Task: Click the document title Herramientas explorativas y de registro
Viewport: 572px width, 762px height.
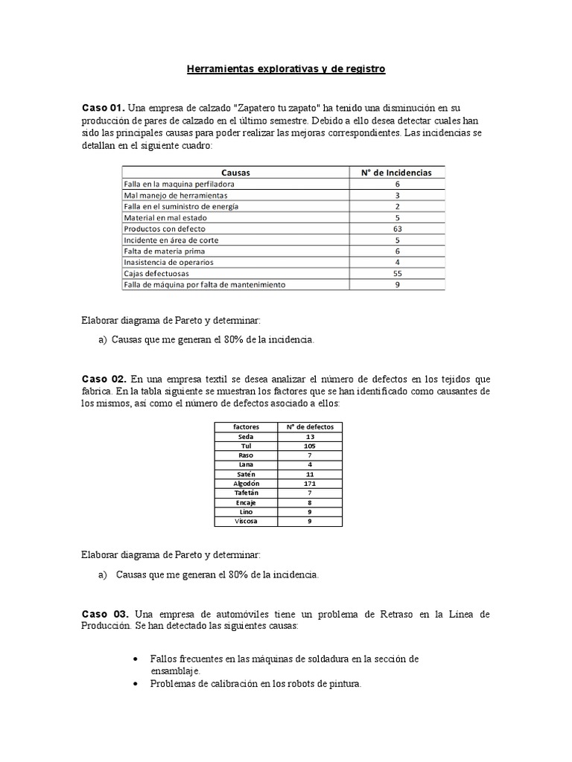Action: click(x=285, y=69)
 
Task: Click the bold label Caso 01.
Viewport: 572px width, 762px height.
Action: click(x=103, y=108)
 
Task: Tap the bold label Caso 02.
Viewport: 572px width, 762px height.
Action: click(x=103, y=380)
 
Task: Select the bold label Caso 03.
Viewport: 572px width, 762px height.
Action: click(x=104, y=614)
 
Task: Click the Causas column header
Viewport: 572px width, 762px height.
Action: click(x=235, y=172)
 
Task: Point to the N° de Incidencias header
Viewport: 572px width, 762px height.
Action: click(x=397, y=172)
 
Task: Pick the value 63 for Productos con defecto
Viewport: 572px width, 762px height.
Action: click(x=397, y=229)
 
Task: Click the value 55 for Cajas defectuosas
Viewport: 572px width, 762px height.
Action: click(x=397, y=273)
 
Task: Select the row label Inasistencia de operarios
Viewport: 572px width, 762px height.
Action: click(x=170, y=262)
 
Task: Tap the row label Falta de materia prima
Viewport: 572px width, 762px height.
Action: click(x=163, y=251)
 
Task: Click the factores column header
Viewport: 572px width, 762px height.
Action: click(x=246, y=427)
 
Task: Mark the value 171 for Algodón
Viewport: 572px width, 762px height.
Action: click(x=310, y=484)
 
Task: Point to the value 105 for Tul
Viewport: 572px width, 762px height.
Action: click(x=310, y=446)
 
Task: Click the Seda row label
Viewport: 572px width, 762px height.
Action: click(x=246, y=437)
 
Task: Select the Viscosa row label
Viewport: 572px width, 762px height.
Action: click(x=246, y=522)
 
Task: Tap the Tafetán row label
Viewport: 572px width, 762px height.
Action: click(x=246, y=493)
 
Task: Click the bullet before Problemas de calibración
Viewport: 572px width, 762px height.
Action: click(x=134, y=683)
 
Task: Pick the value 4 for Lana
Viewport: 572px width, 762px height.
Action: click(x=310, y=465)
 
